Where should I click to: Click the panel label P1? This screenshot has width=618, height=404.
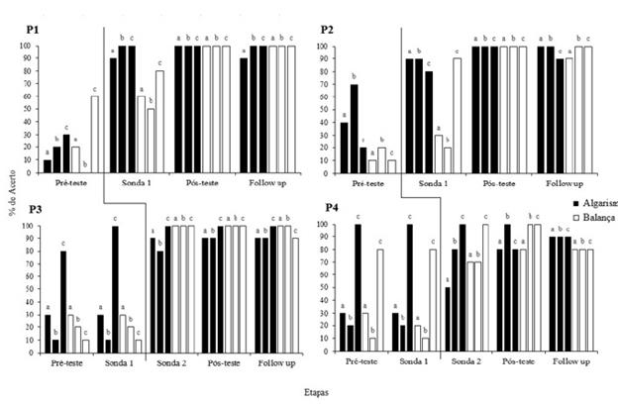(33, 31)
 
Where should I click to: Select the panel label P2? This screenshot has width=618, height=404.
(326, 31)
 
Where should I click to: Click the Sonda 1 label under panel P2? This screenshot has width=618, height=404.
(430, 183)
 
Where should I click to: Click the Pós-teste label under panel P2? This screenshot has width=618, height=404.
(500, 183)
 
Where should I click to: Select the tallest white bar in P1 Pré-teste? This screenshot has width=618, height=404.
(94, 134)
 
